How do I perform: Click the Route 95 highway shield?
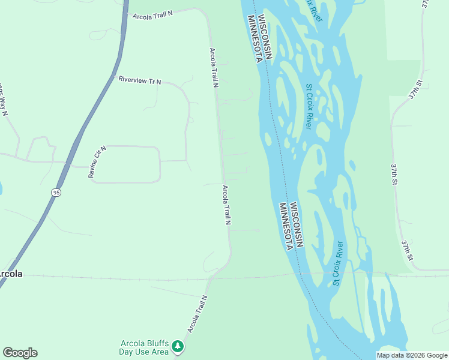coord(56,193)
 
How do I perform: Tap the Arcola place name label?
coord(10,274)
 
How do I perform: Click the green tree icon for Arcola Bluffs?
coord(178,346)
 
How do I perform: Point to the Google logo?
coord(20,352)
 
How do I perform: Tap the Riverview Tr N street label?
coord(140,80)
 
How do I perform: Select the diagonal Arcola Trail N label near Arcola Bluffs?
coord(197,314)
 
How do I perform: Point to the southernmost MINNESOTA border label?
coord(288,227)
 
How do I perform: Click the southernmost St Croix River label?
coord(339,263)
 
